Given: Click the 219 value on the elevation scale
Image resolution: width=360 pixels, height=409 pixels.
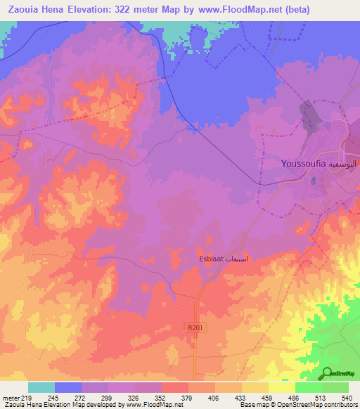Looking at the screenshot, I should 27,397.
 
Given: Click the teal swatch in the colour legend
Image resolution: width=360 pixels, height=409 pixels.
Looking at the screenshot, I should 41,387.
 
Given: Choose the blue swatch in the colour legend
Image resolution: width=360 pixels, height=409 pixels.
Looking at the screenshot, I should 67,387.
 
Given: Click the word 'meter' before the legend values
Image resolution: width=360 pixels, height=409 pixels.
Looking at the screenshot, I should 11,397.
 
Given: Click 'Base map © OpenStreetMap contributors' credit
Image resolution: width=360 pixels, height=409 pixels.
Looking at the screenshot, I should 297,405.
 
